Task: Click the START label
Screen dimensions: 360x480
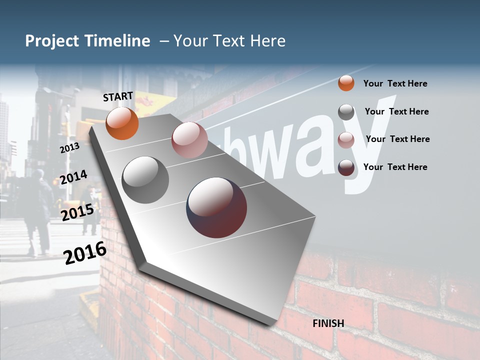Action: click(118, 96)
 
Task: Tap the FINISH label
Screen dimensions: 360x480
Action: click(328, 323)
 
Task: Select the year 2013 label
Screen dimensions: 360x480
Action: click(69, 147)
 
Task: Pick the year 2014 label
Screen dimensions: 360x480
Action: click(73, 177)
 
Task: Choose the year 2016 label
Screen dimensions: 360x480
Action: click(85, 252)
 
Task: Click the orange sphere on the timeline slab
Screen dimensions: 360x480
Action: click(122, 123)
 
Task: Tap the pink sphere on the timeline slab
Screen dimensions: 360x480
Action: click(189, 140)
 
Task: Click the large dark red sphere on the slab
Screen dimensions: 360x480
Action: click(216, 207)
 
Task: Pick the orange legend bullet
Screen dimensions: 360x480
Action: click(346, 83)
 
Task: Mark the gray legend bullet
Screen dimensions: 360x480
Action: click(346, 112)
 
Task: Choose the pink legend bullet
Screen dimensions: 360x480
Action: click(346, 140)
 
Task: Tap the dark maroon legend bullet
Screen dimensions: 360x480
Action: click(346, 167)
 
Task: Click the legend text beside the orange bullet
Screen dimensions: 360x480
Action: click(395, 83)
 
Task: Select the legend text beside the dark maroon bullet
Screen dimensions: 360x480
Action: click(395, 167)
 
